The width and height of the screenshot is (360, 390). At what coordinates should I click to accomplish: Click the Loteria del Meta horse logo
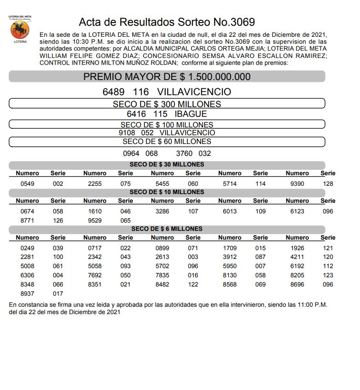(x=19, y=30)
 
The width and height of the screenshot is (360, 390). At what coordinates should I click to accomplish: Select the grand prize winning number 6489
(x=114, y=92)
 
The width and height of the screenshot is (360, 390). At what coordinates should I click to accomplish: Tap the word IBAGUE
(x=191, y=114)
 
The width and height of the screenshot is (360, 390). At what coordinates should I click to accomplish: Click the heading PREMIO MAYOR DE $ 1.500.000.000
(x=167, y=77)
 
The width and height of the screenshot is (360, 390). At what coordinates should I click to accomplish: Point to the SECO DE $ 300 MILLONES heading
(x=167, y=104)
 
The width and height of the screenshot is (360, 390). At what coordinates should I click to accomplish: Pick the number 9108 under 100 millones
(x=127, y=133)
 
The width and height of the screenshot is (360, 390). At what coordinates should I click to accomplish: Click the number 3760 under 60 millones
(x=185, y=154)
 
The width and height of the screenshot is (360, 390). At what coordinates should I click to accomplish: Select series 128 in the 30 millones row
(x=328, y=184)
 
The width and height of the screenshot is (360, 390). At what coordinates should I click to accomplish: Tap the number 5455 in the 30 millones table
(x=162, y=184)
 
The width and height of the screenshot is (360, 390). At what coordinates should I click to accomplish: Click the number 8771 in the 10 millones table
(x=27, y=220)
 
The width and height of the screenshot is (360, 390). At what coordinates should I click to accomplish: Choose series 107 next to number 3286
(x=193, y=211)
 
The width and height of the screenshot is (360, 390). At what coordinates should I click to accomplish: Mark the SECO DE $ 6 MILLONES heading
(x=167, y=229)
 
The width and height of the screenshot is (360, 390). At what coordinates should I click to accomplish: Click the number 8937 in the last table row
(x=27, y=293)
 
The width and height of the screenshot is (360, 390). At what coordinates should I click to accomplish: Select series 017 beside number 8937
(x=58, y=293)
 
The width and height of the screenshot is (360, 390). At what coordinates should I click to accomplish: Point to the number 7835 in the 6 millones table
(x=162, y=275)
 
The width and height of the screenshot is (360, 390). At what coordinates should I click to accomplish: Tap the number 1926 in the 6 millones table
(x=297, y=248)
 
